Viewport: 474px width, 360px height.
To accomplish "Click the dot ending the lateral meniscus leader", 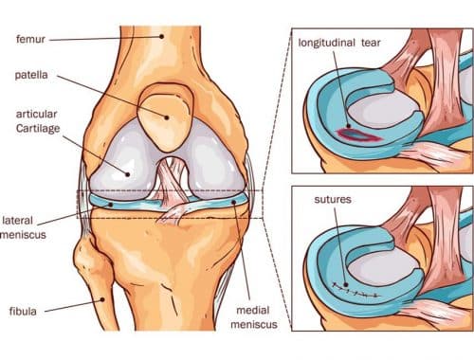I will (110, 203).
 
